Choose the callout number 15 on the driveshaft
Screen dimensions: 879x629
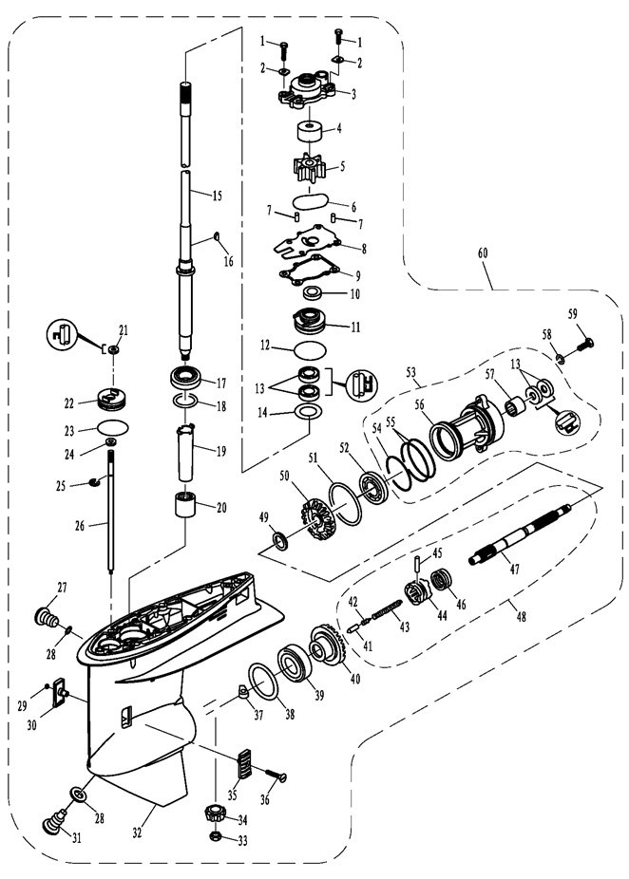217,196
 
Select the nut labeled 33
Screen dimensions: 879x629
215,839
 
